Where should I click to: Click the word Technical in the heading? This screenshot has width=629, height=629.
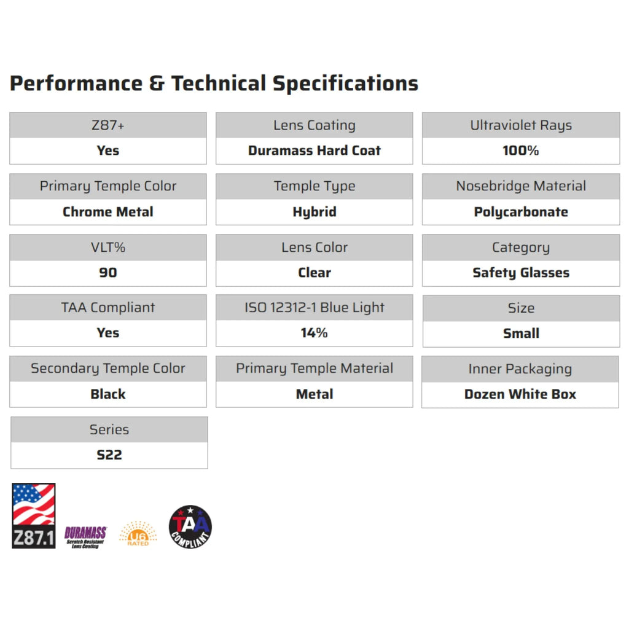(219, 84)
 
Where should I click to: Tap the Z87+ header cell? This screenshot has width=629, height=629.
(108, 125)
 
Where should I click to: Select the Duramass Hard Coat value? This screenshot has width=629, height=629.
(314, 150)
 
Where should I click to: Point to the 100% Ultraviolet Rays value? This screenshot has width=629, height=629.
(521, 150)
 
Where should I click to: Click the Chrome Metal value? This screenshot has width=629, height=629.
(108, 211)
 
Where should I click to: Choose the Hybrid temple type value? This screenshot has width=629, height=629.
(314, 212)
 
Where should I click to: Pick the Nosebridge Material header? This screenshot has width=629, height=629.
(521, 186)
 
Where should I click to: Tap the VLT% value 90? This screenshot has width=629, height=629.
(108, 273)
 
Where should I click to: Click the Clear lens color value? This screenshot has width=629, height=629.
(314, 273)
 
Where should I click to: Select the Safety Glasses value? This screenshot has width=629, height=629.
(521, 273)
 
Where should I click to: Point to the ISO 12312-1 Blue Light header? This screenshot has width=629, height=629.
(314, 307)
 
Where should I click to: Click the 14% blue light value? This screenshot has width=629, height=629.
(314, 332)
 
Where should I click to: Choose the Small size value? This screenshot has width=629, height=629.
(521, 333)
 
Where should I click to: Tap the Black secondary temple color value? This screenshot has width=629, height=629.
(108, 394)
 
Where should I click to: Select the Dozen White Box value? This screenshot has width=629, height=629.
(520, 394)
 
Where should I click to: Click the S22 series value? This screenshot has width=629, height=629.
(109, 455)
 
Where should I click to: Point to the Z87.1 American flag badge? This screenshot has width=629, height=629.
(34, 516)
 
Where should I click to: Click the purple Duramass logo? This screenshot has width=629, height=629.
(85, 537)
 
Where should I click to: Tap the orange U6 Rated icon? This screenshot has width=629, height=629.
(138, 534)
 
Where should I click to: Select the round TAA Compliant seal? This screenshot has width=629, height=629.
(190, 526)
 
